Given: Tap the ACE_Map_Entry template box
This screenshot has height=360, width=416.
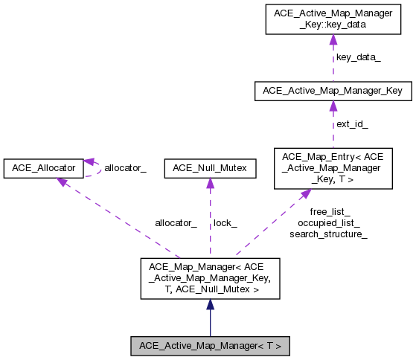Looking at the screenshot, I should point(333,167).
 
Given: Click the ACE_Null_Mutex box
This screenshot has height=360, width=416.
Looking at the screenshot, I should point(210,168).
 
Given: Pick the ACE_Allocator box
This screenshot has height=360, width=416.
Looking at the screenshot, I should point(43,168).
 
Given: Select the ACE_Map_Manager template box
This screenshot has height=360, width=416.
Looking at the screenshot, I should point(210,278).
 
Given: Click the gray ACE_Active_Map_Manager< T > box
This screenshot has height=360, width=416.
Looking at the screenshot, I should point(210,345).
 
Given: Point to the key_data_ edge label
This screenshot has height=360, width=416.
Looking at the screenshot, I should point(358,57).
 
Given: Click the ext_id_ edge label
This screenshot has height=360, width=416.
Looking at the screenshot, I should point(352,123).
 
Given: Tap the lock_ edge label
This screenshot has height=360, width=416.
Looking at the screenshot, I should point(225,222).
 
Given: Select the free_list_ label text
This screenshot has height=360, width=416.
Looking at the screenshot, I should point(330,211).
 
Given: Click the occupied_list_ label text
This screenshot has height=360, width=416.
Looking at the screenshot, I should point(328,222).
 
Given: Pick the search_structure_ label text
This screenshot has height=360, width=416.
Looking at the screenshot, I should point(328,234).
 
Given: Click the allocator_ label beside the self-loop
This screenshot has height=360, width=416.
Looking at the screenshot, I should point(125,168).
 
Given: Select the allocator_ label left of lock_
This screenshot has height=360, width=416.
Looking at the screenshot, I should point(176,222).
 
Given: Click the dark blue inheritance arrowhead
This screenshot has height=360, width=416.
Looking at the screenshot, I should point(210,304).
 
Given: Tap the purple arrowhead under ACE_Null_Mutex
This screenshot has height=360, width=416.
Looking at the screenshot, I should point(210,184).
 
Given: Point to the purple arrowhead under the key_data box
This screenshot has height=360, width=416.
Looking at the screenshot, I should point(333,40).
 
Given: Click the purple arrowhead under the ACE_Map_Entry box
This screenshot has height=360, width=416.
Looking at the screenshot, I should point(305,194).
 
